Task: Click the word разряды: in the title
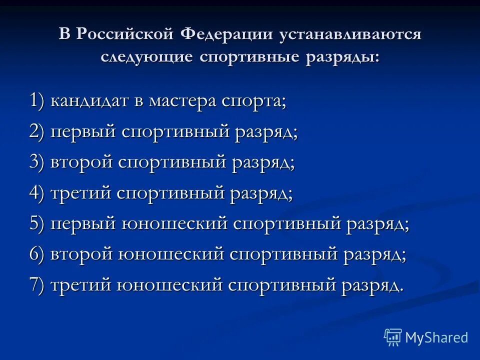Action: [340, 56]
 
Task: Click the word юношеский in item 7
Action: [169, 285]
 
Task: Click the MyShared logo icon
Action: [392, 337]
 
